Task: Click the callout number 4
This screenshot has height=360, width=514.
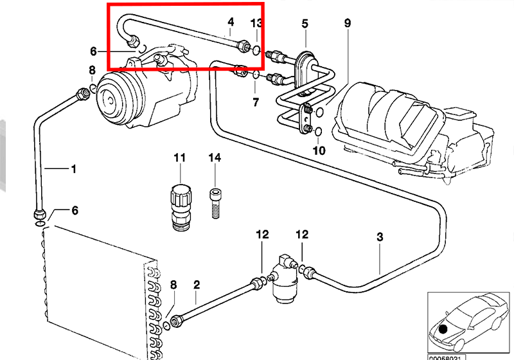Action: pyautogui.click(x=231, y=24)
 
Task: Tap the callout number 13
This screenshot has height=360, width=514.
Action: pyautogui.click(x=256, y=24)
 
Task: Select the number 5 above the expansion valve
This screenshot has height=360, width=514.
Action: pyautogui.click(x=306, y=24)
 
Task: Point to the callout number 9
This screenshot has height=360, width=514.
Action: pyautogui.click(x=348, y=24)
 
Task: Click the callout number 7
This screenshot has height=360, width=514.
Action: pyautogui.click(x=255, y=102)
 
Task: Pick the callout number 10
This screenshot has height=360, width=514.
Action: pyautogui.click(x=319, y=150)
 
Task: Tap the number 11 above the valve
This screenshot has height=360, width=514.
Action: pyautogui.click(x=179, y=157)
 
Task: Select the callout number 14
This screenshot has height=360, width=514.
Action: pyautogui.click(x=214, y=157)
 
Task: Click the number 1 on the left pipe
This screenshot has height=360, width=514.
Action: pyautogui.click(x=73, y=170)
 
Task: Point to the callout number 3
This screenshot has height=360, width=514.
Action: pyautogui.click(x=380, y=237)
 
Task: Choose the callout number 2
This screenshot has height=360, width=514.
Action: pyautogui.click(x=197, y=283)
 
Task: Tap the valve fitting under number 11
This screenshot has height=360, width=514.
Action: pyautogui.click(x=179, y=203)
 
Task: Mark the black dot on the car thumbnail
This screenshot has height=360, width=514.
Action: pyautogui.click(x=443, y=328)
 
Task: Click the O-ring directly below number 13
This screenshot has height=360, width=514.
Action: pyautogui.click(x=256, y=51)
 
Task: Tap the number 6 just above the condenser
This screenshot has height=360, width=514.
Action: pyautogui.click(x=75, y=210)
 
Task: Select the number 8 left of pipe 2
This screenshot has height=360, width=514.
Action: pyautogui.click(x=173, y=284)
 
